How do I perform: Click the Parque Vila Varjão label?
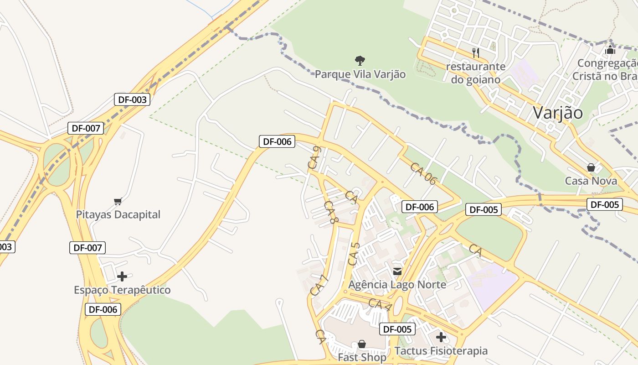pyautogui.click(x=360, y=74)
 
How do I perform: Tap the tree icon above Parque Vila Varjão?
pyautogui.click(x=360, y=60)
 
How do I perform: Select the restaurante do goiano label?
pyautogui.click(x=476, y=73)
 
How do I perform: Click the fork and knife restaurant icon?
pyautogui.click(x=476, y=53)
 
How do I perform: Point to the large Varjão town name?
pyautogui.click(x=558, y=113)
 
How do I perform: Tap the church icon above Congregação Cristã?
pyautogui.click(x=610, y=50)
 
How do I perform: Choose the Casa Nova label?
pyautogui.click(x=591, y=181)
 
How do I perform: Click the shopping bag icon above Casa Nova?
pyautogui.click(x=591, y=167)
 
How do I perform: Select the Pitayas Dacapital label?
pyautogui.click(x=118, y=214)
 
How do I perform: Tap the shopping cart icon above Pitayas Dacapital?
pyautogui.click(x=118, y=201)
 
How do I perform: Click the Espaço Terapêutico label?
pyautogui.click(x=122, y=290)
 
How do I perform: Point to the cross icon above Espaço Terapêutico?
pyautogui.click(x=122, y=276)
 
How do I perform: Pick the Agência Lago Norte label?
pyautogui.click(x=397, y=285)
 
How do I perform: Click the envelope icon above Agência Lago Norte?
pyautogui.click(x=397, y=271)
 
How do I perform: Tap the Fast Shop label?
pyautogui.click(x=362, y=357)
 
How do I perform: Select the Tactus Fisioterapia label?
pyautogui.click(x=441, y=351)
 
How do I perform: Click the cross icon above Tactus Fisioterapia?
pyautogui.click(x=441, y=338)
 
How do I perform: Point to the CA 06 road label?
pyautogui.click(x=423, y=174)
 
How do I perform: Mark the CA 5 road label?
pyautogui.click(x=354, y=254)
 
